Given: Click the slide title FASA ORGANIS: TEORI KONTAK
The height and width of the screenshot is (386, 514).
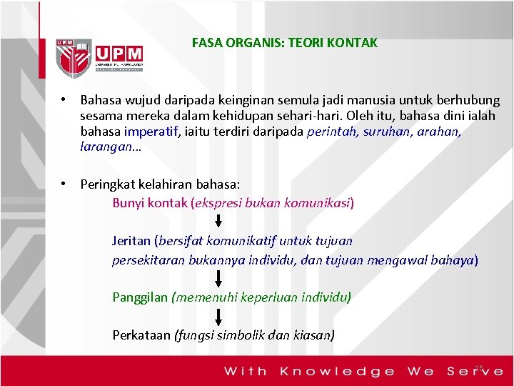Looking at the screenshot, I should [285, 43].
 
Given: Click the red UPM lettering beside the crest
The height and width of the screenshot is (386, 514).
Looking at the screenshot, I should [118, 54].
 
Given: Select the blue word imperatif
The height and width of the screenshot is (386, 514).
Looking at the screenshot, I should [151, 132].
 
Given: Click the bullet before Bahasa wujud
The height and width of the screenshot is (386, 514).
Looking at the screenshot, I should [64, 100].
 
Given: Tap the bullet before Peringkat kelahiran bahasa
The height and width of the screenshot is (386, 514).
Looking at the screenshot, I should [64, 184].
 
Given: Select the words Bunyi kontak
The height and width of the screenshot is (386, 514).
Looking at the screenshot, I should [150, 203].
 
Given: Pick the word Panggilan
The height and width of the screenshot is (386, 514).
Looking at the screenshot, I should [140, 297].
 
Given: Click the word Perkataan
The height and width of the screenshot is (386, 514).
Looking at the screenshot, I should [141, 335].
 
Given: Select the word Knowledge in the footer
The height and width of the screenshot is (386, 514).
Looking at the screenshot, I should [337, 371].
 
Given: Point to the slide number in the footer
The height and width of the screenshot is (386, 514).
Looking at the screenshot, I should [479, 368].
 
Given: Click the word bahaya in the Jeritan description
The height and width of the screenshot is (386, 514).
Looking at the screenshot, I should [454, 259].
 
